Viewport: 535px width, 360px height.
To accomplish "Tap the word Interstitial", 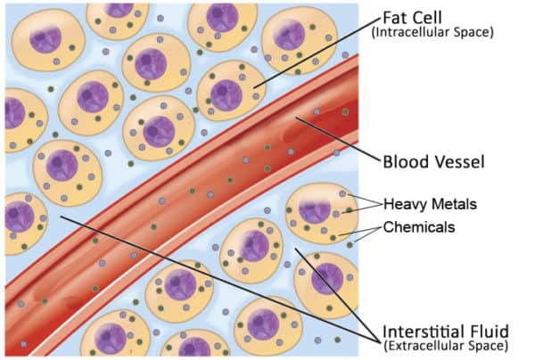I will click(423, 329).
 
